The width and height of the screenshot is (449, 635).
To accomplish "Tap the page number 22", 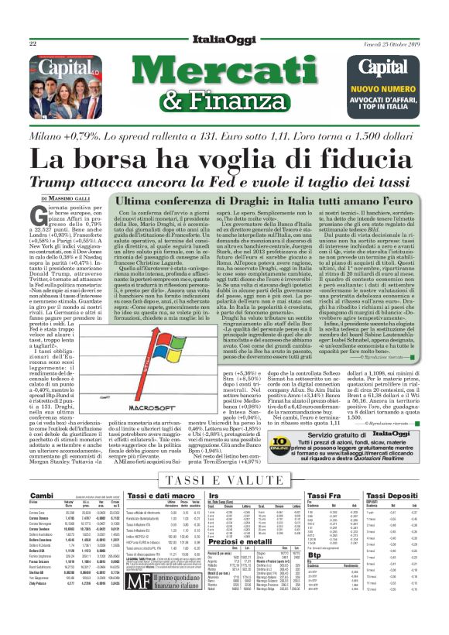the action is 33,45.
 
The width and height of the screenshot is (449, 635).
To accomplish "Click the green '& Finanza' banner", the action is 224,98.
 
